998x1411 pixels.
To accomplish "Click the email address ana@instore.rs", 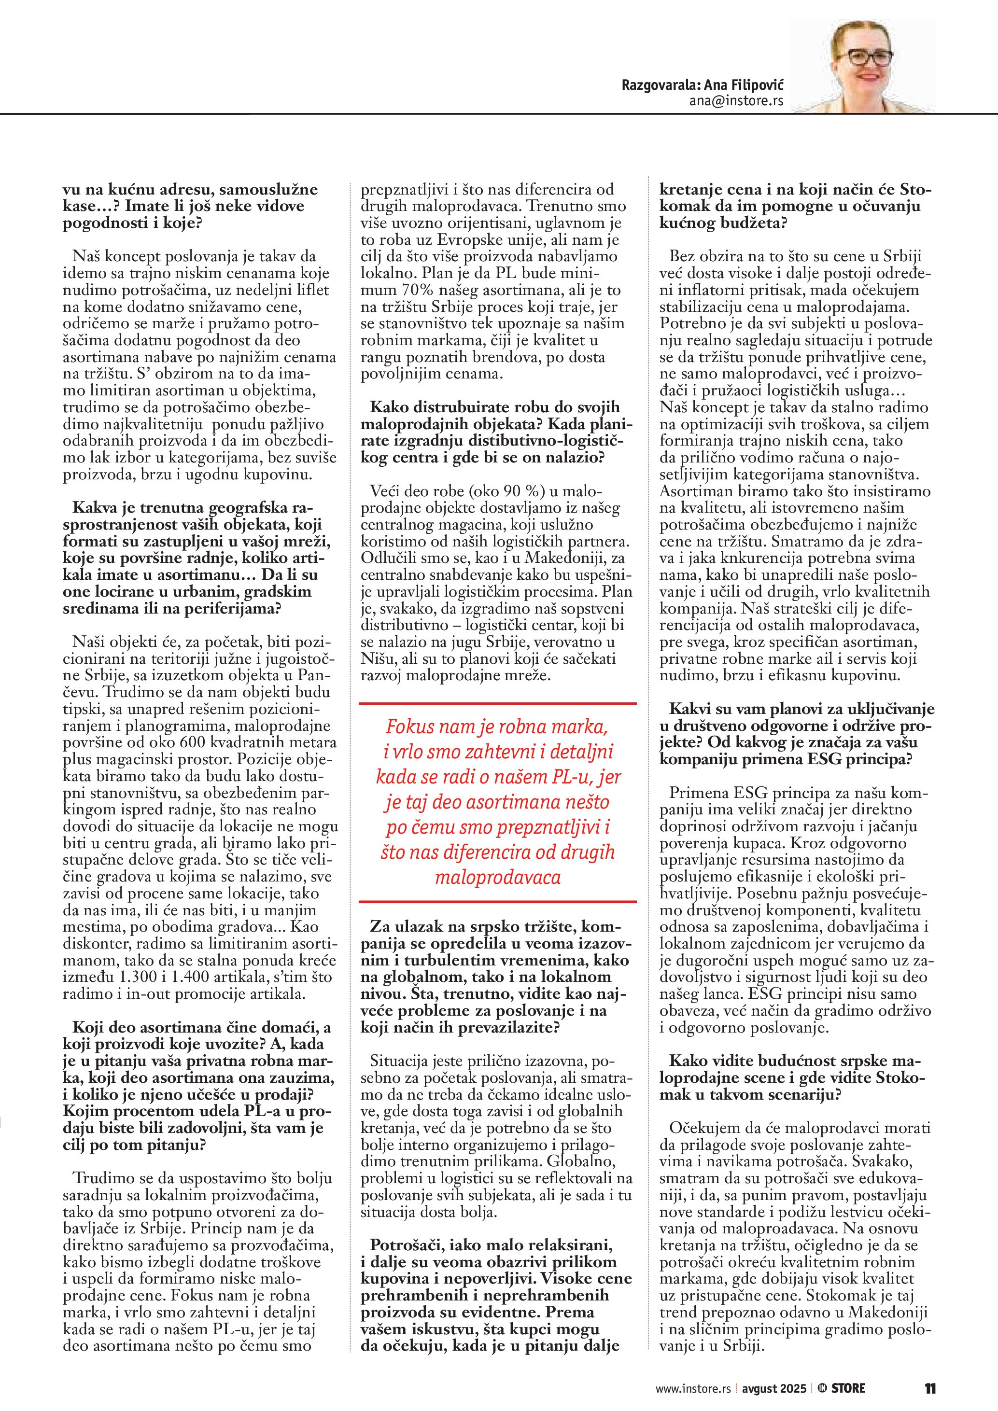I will [736, 101].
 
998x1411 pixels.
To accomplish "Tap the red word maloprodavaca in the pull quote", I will [498, 877].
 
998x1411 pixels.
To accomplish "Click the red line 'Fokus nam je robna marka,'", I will [496, 727].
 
